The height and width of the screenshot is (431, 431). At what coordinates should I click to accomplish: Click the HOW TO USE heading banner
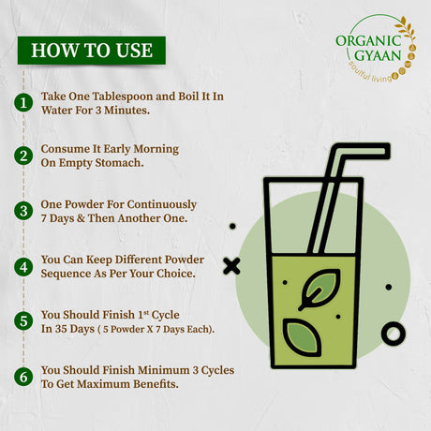click(x=92, y=51)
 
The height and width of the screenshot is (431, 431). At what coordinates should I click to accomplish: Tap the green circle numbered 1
click(x=23, y=103)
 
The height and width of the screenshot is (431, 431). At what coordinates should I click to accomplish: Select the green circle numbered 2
click(x=23, y=156)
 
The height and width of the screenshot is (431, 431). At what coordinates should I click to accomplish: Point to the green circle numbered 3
click(x=23, y=211)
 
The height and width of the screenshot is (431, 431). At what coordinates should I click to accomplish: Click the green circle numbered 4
click(x=23, y=267)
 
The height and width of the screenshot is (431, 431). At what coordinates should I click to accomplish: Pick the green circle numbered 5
click(x=23, y=321)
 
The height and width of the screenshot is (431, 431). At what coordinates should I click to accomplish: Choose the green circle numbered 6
click(x=23, y=377)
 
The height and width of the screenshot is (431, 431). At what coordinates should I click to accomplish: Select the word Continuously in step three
click(x=162, y=205)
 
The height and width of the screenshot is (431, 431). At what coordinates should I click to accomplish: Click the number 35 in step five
click(x=61, y=329)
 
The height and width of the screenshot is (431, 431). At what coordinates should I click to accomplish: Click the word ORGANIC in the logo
click(x=368, y=41)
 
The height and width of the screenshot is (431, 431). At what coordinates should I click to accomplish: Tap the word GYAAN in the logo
click(x=378, y=55)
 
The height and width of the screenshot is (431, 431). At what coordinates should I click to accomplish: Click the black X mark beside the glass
click(x=231, y=266)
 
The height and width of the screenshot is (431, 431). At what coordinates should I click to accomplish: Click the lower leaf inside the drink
click(x=302, y=337)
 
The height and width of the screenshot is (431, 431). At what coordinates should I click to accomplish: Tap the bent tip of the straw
click(x=386, y=151)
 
